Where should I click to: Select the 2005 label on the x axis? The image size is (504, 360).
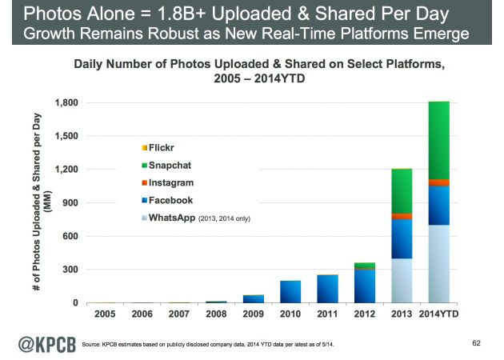point(105,314)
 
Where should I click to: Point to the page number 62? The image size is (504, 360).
point(478,343)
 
